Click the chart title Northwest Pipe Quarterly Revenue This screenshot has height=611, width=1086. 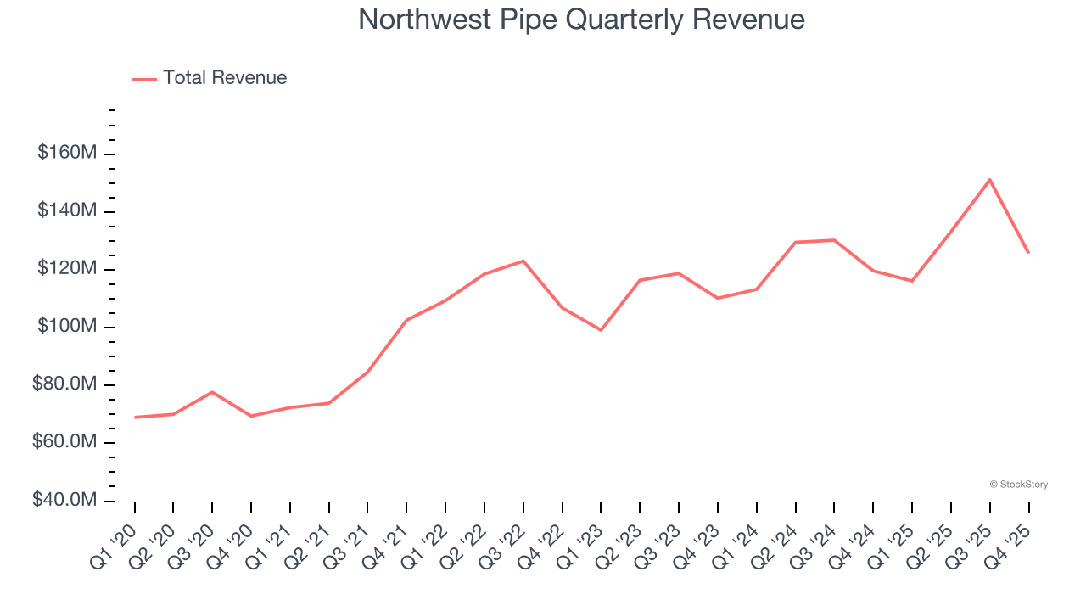(581, 19)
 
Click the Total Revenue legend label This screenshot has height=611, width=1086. (225, 78)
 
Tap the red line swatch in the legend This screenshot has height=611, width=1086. (144, 79)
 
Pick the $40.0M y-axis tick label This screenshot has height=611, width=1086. (64, 500)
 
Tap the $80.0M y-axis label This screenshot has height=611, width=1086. (64, 384)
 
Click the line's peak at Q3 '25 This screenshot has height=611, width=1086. (990, 180)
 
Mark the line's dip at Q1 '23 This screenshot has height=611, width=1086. (601, 330)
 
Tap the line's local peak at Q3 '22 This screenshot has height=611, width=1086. (523, 261)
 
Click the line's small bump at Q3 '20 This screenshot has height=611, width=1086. (212, 392)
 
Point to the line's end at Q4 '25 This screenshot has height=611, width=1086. (1028, 253)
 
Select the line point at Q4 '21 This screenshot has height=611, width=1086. (406, 320)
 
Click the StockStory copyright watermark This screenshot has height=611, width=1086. (1018, 485)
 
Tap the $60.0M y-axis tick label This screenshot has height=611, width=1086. (64, 442)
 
